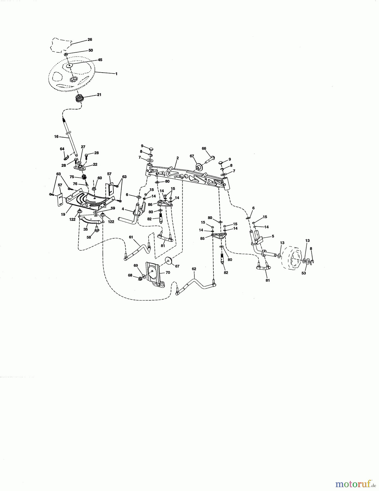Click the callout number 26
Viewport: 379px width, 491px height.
tap(90, 40)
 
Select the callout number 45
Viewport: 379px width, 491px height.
tap(100, 60)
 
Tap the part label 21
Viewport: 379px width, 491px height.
tap(99, 95)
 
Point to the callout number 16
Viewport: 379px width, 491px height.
tap(56, 137)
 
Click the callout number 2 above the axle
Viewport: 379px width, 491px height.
tap(178, 158)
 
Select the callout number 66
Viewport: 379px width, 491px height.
tap(204, 148)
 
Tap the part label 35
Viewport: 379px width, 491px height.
tap(86, 230)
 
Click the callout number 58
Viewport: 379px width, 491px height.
tap(89, 237)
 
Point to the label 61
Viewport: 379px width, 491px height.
tap(131, 237)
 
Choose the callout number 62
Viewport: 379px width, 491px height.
tap(194, 269)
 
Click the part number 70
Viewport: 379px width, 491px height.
tap(168, 272)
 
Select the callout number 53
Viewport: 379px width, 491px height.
tap(303, 273)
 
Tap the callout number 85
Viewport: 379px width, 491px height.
tap(202, 238)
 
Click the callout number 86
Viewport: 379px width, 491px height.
tap(150, 204)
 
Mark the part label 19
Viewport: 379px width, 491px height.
tap(63, 215)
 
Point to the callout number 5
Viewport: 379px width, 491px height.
tap(273, 236)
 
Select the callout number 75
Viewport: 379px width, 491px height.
tap(72, 177)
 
